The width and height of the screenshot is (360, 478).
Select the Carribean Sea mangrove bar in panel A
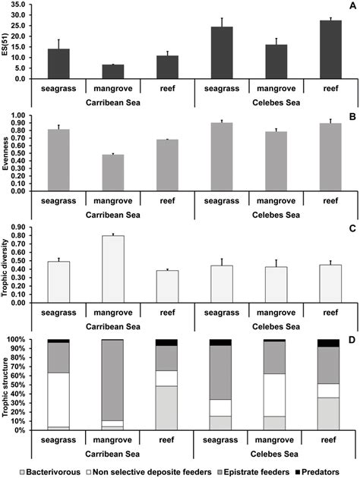point(112,71)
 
